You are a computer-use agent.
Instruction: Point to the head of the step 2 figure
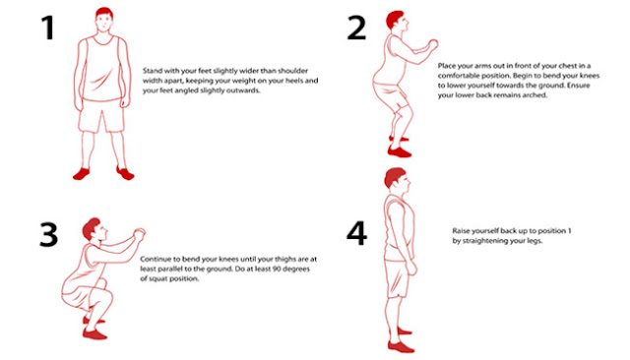point(397,23)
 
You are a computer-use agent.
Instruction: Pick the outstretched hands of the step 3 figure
point(141,231)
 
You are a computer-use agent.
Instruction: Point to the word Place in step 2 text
point(448,65)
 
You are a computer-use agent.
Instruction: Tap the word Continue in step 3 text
point(169,258)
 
